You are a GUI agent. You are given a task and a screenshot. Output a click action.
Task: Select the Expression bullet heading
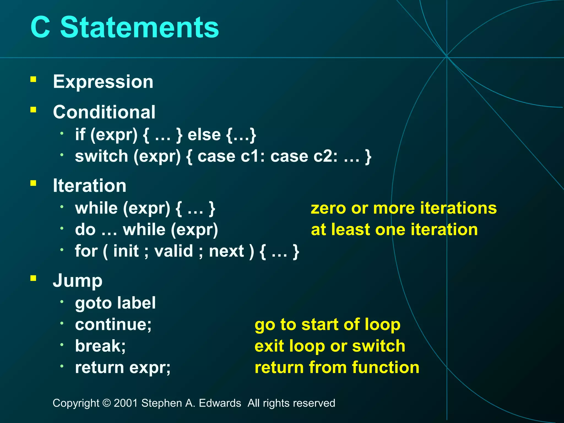103,82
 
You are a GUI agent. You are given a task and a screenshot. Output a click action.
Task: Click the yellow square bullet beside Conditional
33,110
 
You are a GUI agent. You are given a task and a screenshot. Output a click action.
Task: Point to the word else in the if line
204,135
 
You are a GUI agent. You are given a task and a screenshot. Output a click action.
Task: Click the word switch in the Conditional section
101,156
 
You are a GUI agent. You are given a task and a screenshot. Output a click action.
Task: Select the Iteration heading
90,186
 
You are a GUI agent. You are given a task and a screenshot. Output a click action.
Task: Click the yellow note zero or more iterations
404,208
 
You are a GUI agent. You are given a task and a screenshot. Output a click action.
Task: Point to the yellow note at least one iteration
394,229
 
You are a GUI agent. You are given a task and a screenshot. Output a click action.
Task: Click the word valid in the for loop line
173,251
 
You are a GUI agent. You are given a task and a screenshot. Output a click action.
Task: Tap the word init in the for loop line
126,251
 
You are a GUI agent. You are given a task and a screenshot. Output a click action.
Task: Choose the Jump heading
77,281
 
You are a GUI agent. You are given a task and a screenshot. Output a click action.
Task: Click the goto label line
115,303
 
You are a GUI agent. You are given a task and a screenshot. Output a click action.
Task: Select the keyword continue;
113,324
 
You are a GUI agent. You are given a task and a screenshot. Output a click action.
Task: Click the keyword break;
100,346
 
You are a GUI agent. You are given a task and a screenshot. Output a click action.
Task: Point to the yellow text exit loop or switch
330,346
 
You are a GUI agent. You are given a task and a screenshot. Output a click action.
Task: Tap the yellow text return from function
337,367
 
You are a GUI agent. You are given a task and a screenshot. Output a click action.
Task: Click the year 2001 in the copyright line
126,403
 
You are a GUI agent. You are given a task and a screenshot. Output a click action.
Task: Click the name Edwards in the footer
220,403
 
